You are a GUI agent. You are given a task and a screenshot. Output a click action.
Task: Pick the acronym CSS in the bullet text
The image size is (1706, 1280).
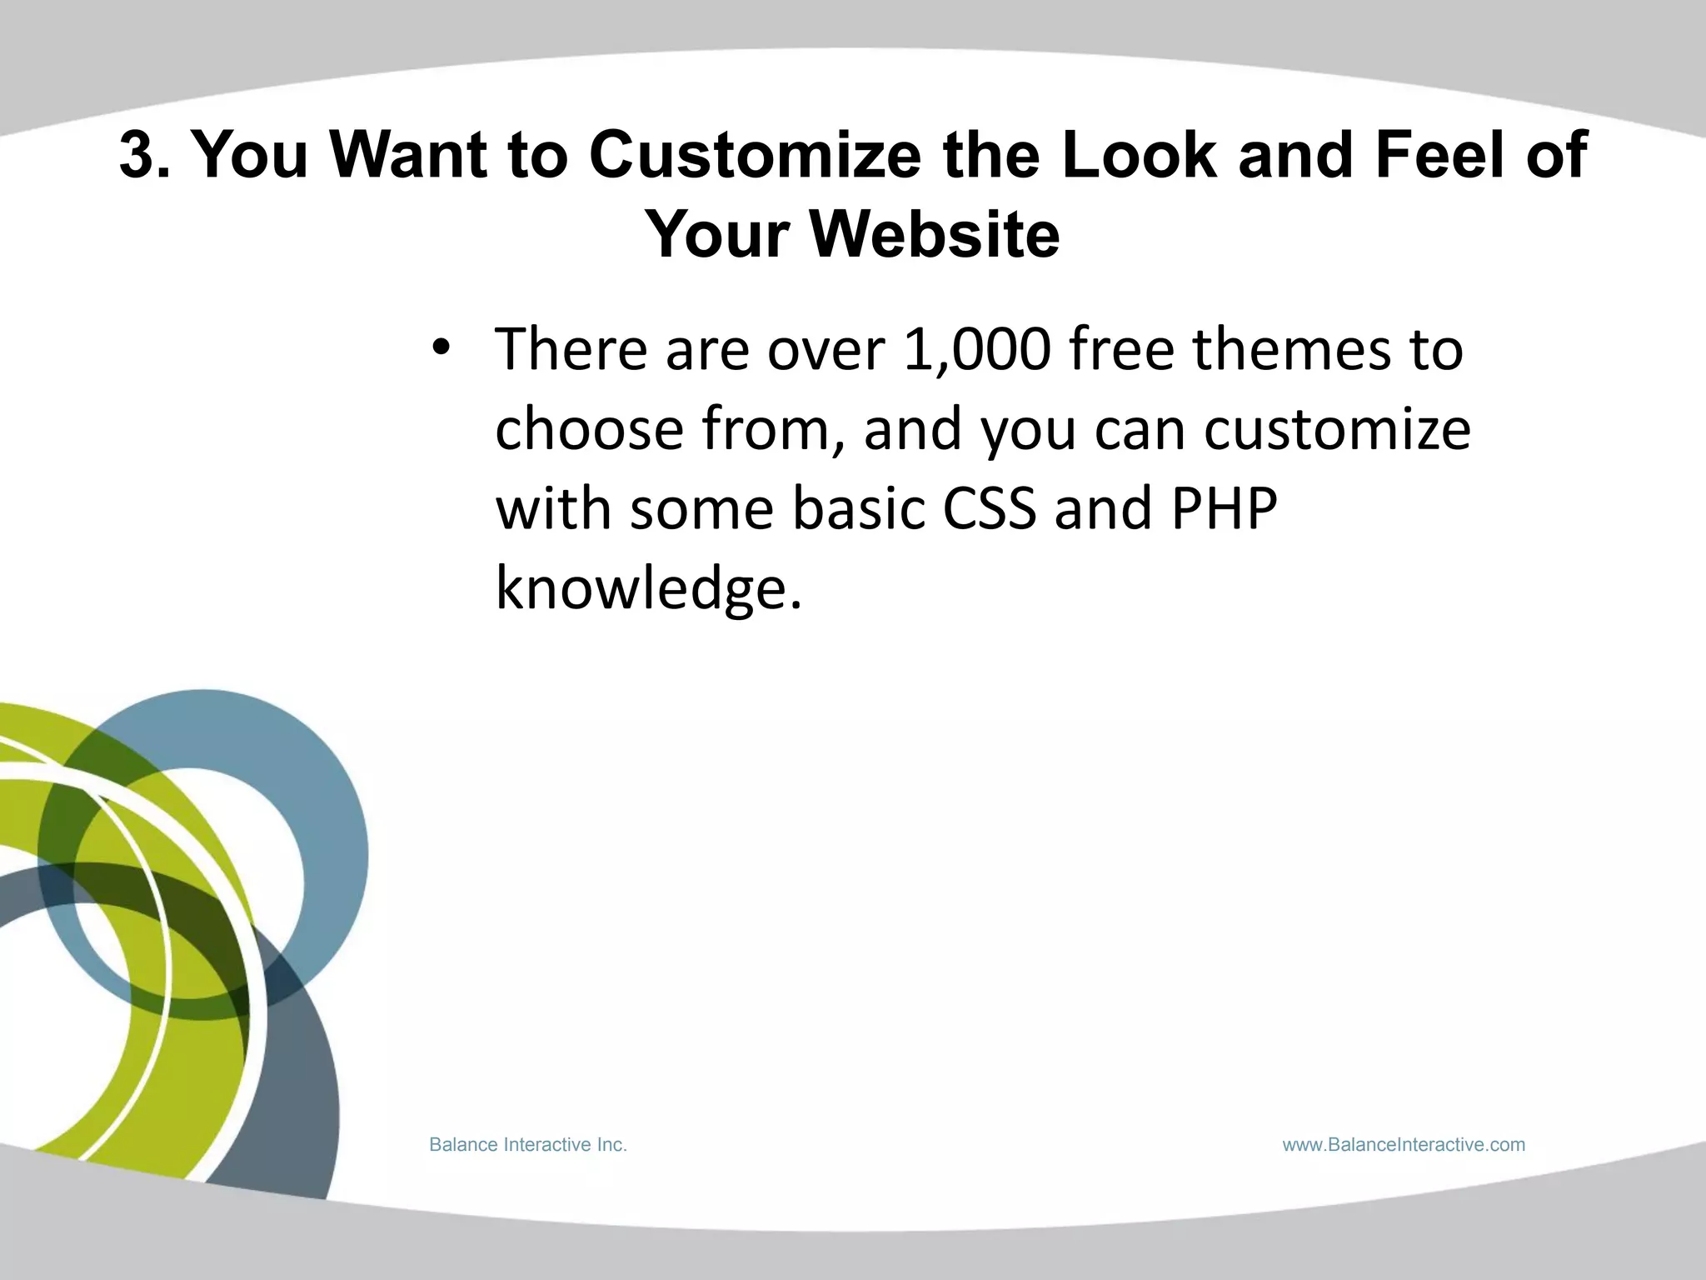pyautogui.click(x=989, y=509)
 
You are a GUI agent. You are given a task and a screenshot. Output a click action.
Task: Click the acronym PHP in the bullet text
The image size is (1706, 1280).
pyautogui.click(x=1224, y=509)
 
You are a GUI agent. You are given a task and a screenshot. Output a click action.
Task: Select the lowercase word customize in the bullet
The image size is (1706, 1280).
pyautogui.click(x=1337, y=429)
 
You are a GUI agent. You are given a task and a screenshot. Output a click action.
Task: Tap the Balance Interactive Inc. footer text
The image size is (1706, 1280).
pyautogui.click(x=527, y=1145)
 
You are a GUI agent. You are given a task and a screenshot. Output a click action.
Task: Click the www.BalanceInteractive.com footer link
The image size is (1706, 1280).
pyautogui.click(x=1404, y=1145)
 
